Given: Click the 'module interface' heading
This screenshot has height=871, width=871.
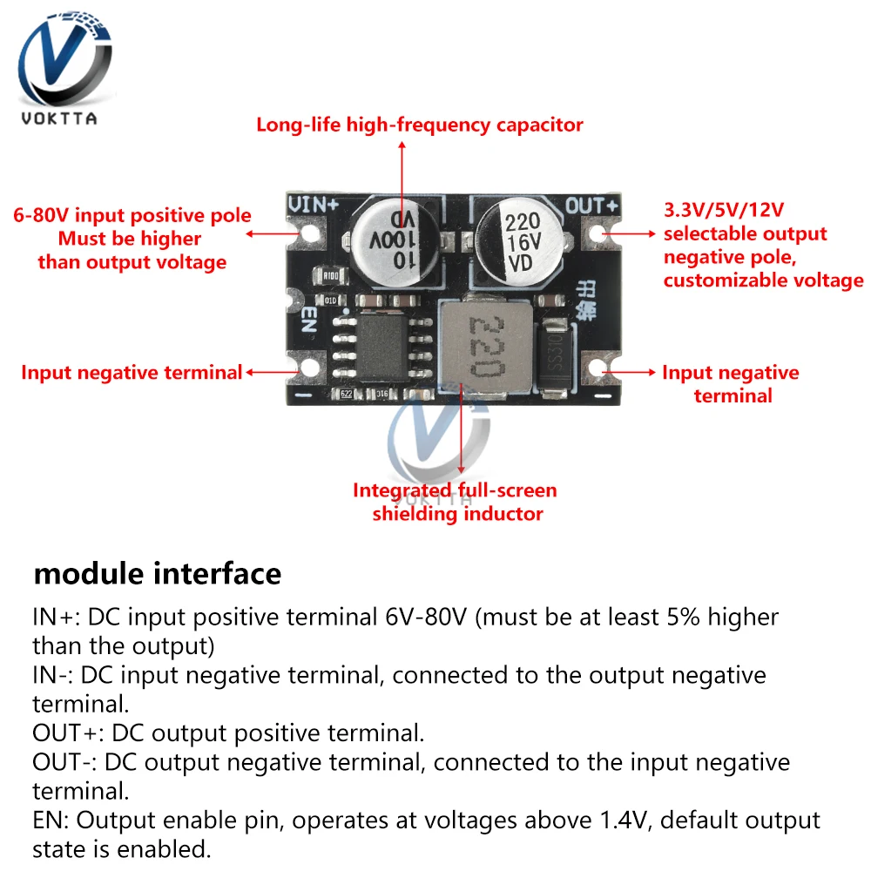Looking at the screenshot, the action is click(x=157, y=574).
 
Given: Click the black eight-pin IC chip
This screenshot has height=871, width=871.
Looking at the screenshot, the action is click(x=382, y=341).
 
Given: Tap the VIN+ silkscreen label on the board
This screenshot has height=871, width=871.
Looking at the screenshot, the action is click(x=314, y=205).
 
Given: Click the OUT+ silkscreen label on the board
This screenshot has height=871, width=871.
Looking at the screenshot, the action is click(x=591, y=206).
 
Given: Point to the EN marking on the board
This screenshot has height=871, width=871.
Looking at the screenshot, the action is click(x=307, y=319).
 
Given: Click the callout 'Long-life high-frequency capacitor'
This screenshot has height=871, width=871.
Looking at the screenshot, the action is click(x=419, y=125).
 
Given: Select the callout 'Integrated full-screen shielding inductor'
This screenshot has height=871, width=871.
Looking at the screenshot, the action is click(x=454, y=502).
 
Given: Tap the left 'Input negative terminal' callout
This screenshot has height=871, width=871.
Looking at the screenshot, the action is click(x=131, y=373).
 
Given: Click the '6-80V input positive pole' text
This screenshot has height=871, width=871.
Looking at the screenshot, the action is click(x=132, y=216).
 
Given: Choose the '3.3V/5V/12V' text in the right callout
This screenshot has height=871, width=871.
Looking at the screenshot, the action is click(x=724, y=211).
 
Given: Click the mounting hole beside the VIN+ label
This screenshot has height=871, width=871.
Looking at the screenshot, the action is click(x=307, y=233).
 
